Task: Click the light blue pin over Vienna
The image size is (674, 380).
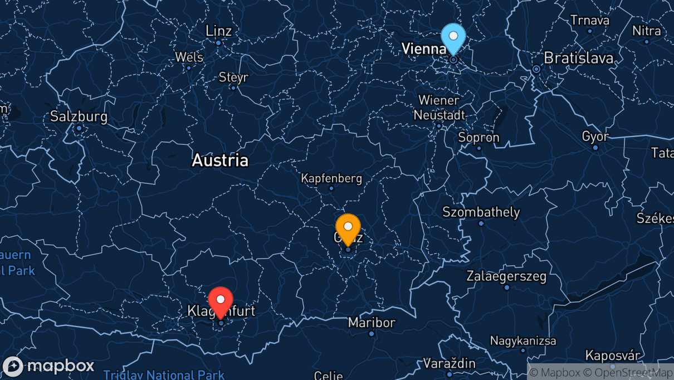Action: click(453, 37)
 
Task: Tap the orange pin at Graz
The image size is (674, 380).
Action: click(348, 227)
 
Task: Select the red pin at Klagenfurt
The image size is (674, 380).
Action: click(221, 300)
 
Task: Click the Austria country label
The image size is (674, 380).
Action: click(220, 161)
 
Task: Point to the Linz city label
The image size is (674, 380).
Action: click(218, 31)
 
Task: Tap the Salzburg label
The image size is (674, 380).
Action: click(79, 117)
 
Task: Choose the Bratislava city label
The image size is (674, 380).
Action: click(578, 58)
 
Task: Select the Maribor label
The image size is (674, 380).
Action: click(372, 323)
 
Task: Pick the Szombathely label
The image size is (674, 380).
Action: click(481, 212)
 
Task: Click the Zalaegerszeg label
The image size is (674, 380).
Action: click(506, 276)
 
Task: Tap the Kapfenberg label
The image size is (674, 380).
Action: click(331, 179)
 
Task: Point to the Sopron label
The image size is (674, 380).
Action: click(478, 138)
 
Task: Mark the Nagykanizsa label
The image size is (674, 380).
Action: click(523, 340)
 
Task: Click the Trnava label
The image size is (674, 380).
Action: click(590, 20)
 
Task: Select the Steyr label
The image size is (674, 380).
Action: click(233, 77)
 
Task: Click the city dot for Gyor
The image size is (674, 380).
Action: click(595, 148)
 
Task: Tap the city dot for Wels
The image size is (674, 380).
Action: click(188, 68)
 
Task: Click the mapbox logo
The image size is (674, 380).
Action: click(48, 366)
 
